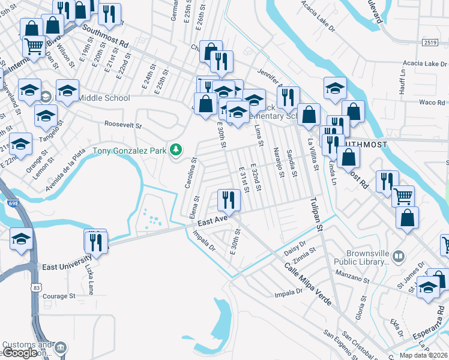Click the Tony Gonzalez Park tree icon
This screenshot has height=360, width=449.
(176, 149)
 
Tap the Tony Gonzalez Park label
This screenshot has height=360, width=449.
(129, 150)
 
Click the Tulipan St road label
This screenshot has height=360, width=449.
(316, 215)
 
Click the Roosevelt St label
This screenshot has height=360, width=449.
(122, 126)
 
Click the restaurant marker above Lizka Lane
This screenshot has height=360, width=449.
(96, 242)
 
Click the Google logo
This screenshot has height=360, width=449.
(20, 353)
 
